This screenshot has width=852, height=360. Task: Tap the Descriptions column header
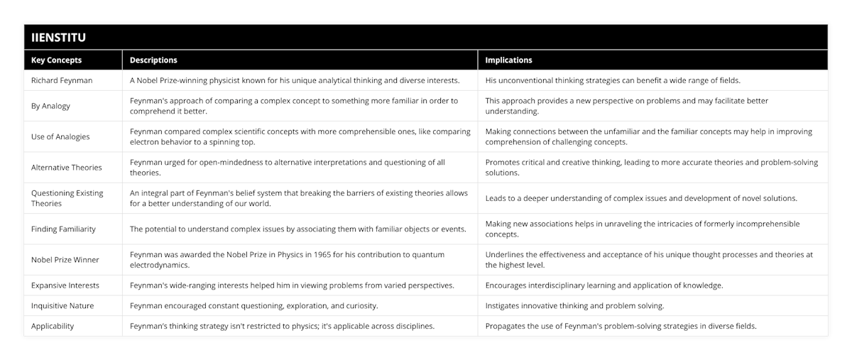click(x=153, y=60)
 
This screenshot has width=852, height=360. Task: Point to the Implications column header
click(x=509, y=60)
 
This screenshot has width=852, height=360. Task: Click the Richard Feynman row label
click(x=62, y=80)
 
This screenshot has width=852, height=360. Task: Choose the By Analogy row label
click(x=51, y=106)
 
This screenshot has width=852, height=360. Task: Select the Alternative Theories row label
click(x=67, y=167)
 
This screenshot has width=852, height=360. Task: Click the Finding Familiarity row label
click(x=63, y=229)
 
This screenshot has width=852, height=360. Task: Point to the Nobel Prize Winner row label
click(x=65, y=260)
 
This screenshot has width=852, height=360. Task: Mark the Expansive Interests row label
click(x=65, y=285)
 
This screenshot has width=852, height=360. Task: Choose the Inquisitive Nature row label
click(x=62, y=305)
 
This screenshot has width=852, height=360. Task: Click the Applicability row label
click(x=53, y=326)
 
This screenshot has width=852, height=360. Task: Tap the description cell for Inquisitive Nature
click(x=253, y=305)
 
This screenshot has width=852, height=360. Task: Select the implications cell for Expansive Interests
click(x=604, y=285)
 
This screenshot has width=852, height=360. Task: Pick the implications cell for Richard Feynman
click(x=613, y=80)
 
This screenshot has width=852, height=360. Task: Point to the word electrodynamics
click(x=160, y=265)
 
